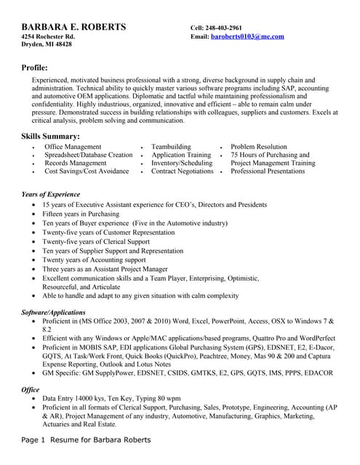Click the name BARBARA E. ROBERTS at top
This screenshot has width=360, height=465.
[x=73, y=27]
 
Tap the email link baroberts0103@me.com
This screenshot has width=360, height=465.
[x=247, y=36]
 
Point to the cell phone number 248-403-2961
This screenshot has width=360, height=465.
[x=227, y=28]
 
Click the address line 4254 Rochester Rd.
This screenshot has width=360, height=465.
[x=48, y=36]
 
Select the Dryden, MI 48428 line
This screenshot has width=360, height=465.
[x=46, y=45]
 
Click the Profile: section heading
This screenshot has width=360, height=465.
[x=35, y=68]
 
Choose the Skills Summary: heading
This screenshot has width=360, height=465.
[x=50, y=137]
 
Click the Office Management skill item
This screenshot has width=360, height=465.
[x=73, y=147]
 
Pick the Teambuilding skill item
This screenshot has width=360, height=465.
[x=171, y=147]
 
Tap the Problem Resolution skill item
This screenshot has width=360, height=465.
[x=259, y=147]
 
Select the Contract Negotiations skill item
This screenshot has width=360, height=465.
[x=182, y=171]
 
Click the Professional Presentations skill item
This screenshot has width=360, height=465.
[x=268, y=171]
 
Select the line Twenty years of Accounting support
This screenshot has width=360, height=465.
[x=94, y=259]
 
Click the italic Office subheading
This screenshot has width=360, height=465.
[x=31, y=389]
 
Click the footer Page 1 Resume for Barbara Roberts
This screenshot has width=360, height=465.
[x=86, y=440]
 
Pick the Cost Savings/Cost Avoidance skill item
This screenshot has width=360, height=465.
[x=87, y=171]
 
